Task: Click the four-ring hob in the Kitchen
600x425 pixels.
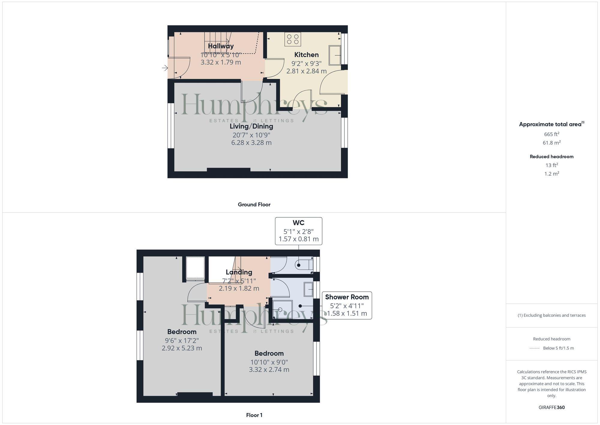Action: (293, 39)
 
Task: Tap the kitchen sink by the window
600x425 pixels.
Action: (335, 55)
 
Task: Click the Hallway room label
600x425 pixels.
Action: (221, 46)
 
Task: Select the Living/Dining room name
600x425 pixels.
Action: (251, 126)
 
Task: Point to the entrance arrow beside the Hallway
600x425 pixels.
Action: (165, 68)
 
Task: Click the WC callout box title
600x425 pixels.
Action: (298, 223)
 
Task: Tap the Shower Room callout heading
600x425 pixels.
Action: (347, 297)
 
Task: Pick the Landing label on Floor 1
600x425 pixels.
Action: (239, 272)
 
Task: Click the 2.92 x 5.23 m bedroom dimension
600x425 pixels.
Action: (182, 348)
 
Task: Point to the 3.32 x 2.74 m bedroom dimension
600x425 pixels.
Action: (269, 369)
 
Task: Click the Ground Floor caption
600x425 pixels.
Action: (254, 205)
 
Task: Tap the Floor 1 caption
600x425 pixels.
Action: (254, 415)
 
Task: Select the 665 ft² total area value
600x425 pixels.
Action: (551, 134)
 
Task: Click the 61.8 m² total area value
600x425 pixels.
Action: (551, 143)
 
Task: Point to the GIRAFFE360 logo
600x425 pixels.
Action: (551, 407)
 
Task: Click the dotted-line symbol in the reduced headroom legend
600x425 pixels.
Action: (535, 348)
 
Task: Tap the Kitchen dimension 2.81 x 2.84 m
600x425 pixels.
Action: (306, 71)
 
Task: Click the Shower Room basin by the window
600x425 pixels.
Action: (308, 289)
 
